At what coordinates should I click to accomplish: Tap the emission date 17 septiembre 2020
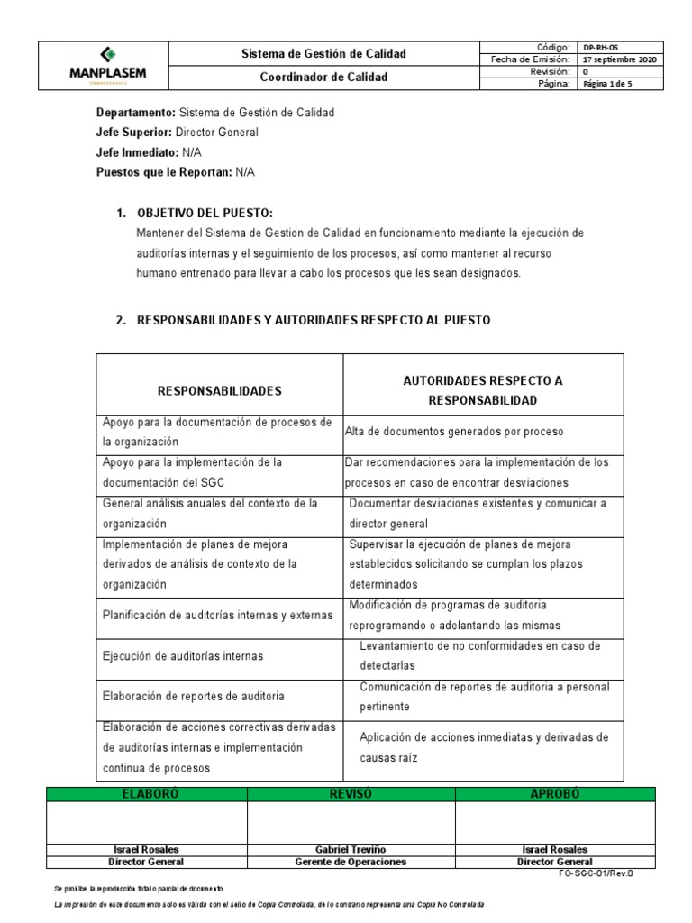point(620,59)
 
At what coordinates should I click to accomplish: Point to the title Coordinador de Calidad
point(311,78)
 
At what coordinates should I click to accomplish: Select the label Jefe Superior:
point(133,132)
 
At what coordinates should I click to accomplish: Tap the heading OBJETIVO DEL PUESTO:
point(205,213)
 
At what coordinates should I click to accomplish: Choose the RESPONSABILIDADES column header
point(220,391)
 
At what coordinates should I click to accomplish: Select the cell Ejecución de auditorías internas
point(183,656)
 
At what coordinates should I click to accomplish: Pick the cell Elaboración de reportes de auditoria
point(194,697)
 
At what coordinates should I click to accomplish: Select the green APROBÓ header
point(554,794)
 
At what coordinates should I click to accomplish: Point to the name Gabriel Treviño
point(351,850)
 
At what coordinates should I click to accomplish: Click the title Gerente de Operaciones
point(351,862)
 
